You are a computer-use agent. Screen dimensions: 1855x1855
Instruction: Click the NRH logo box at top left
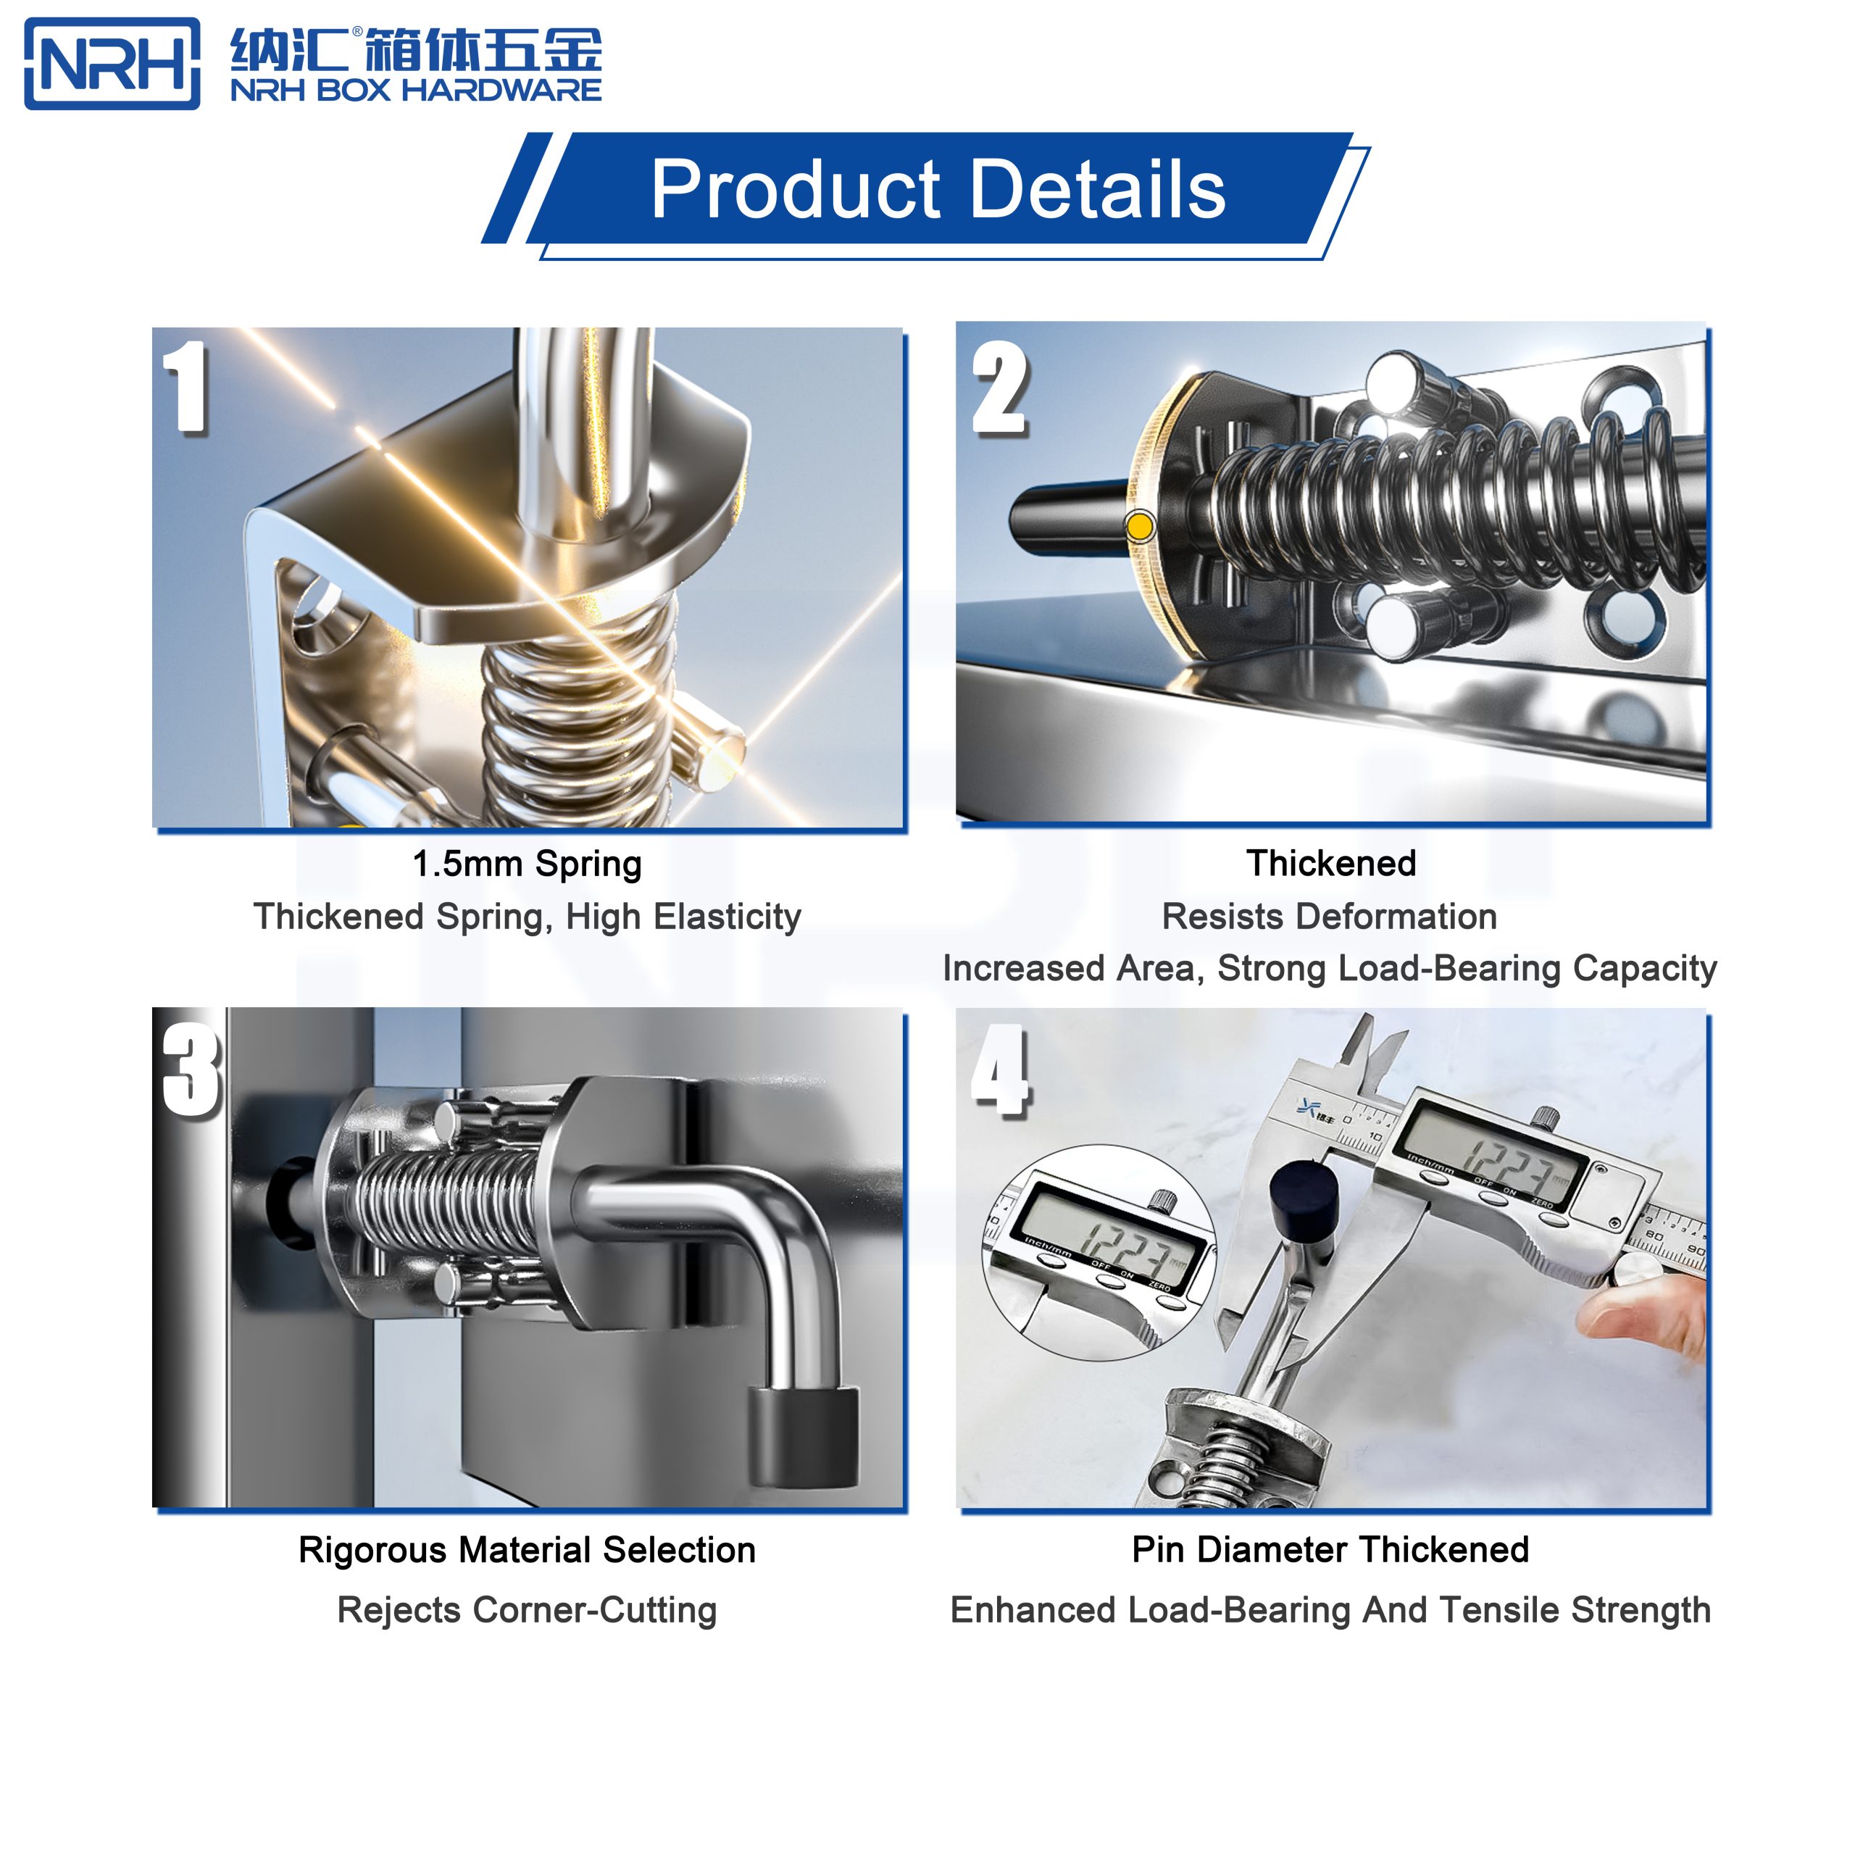112,63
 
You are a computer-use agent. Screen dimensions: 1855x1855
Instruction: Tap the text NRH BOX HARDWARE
416,91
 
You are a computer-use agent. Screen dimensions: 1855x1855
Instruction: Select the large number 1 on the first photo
186,386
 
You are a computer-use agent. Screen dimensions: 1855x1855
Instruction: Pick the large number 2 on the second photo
999,390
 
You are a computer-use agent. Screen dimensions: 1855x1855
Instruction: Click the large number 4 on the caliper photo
999,1070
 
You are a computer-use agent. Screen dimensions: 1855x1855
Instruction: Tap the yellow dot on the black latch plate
1140,526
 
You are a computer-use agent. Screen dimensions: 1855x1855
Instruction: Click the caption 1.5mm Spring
526,863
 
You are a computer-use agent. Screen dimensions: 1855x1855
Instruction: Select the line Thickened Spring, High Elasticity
526,916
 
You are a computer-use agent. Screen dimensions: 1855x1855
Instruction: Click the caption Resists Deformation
1329,916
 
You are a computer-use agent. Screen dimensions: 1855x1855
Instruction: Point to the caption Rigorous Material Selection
526,1550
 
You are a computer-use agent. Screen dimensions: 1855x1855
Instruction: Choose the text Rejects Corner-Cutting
526,1609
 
